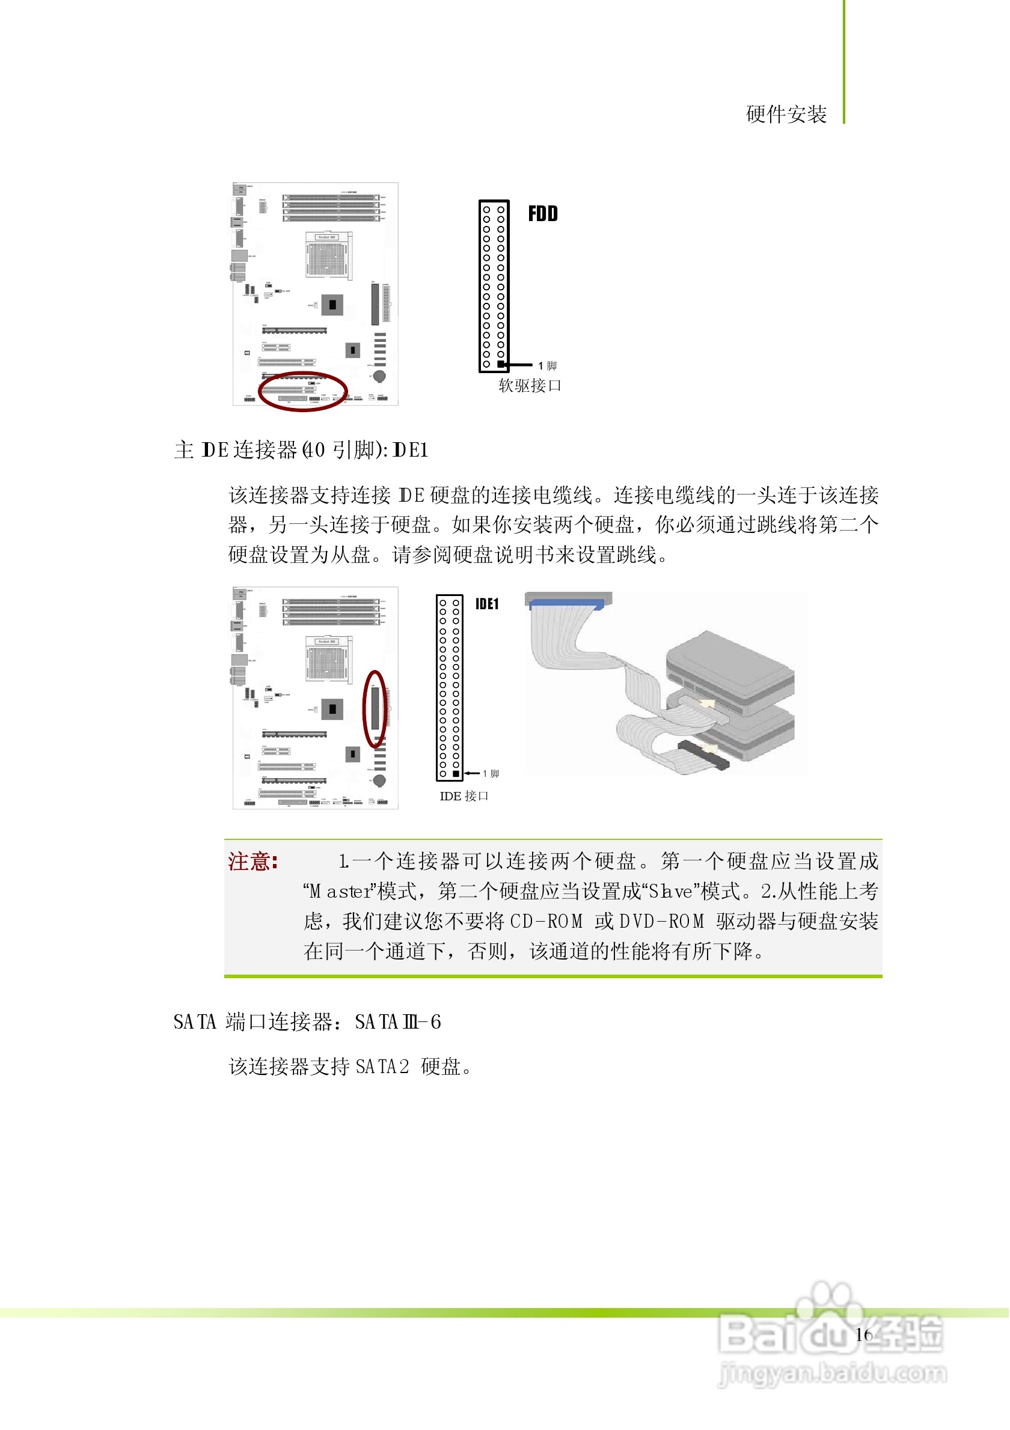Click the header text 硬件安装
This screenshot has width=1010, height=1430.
click(x=786, y=115)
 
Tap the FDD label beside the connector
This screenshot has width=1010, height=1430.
click(x=543, y=214)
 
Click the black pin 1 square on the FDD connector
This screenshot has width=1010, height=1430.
click(x=501, y=364)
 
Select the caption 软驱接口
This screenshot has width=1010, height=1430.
click(x=530, y=386)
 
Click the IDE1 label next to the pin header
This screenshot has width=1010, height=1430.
click(x=486, y=604)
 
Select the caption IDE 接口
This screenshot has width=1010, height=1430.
click(x=464, y=797)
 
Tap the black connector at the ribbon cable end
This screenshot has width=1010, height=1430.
click(x=703, y=755)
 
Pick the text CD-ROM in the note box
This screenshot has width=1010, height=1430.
click(x=546, y=922)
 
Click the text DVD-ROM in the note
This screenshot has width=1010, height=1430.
click(x=662, y=922)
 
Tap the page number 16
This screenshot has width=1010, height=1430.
click(x=863, y=1334)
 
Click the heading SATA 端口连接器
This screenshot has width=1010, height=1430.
click(x=256, y=1023)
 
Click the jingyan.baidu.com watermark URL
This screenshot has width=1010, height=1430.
click(x=833, y=1374)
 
